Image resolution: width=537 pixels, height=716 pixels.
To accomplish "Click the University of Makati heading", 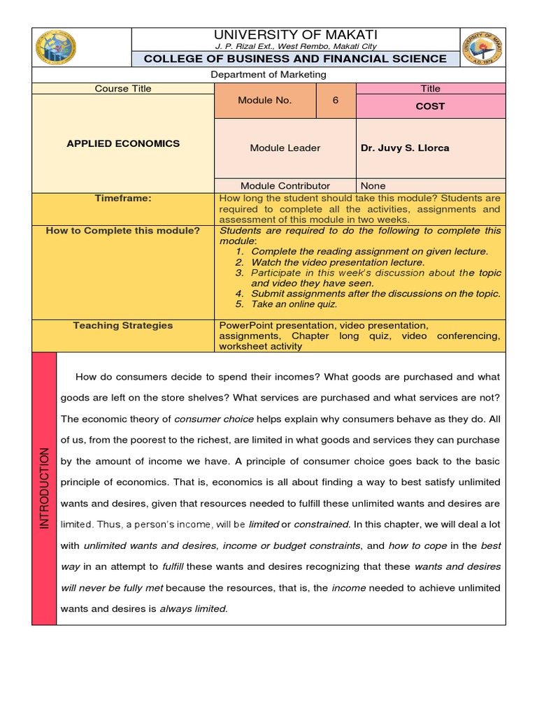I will tap(295, 34).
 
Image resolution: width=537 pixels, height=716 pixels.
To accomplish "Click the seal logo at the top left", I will tap(56, 49).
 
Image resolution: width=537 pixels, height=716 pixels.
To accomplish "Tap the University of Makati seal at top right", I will tap(482, 49).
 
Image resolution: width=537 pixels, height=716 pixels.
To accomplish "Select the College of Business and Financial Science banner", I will tap(295, 59).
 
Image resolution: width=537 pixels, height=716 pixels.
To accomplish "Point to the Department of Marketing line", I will tap(268, 75).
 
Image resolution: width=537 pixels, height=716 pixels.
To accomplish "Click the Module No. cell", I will tap(264, 101).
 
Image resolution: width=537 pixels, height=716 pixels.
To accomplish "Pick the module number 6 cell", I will tap(336, 101).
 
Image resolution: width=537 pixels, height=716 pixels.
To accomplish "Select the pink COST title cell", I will tap(431, 106).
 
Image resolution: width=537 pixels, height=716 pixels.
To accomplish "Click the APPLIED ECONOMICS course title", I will tap(123, 143).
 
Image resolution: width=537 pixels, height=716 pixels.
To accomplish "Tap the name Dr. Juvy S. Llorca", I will tap(405, 148).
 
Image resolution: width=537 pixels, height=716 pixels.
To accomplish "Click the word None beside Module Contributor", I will tap(373, 186).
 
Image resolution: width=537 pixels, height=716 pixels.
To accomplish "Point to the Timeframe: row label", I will tap(123, 199).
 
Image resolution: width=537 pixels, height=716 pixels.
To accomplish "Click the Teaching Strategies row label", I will tap(123, 325).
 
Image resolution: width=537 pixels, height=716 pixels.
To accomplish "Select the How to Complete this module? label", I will tap(123, 231).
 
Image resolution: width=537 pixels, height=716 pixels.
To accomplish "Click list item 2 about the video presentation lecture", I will tap(337, 262).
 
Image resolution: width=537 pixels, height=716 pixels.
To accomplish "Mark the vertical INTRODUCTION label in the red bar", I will tap(44, 488).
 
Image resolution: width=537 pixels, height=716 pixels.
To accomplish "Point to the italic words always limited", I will tap(194, 608).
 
